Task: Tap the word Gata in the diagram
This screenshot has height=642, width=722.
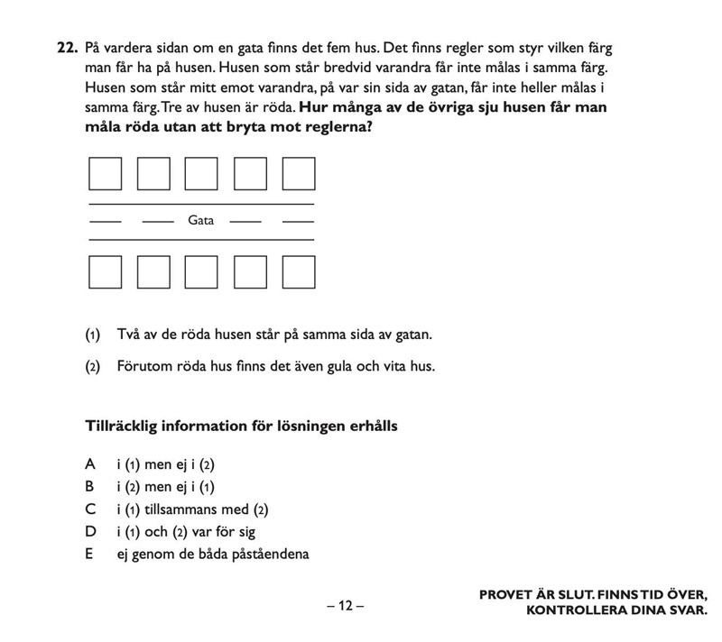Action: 201,220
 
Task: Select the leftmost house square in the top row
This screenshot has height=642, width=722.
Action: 105,174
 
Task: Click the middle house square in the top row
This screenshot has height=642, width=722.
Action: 201,174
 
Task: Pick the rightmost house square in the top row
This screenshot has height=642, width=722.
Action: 298,174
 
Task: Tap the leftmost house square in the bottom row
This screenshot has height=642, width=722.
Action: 105,271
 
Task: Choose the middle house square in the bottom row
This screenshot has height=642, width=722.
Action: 201,271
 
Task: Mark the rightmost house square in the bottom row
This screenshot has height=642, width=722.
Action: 298,271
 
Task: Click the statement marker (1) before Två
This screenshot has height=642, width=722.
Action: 92,335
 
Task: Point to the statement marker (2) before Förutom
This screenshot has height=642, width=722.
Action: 92,367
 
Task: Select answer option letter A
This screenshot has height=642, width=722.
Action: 89,464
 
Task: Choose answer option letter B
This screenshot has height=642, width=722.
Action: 89,486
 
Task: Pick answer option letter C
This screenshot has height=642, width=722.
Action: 89,509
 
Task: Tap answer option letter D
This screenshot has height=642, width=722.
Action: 89,531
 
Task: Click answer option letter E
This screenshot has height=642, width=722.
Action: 89,554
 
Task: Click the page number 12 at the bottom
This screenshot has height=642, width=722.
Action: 346,606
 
